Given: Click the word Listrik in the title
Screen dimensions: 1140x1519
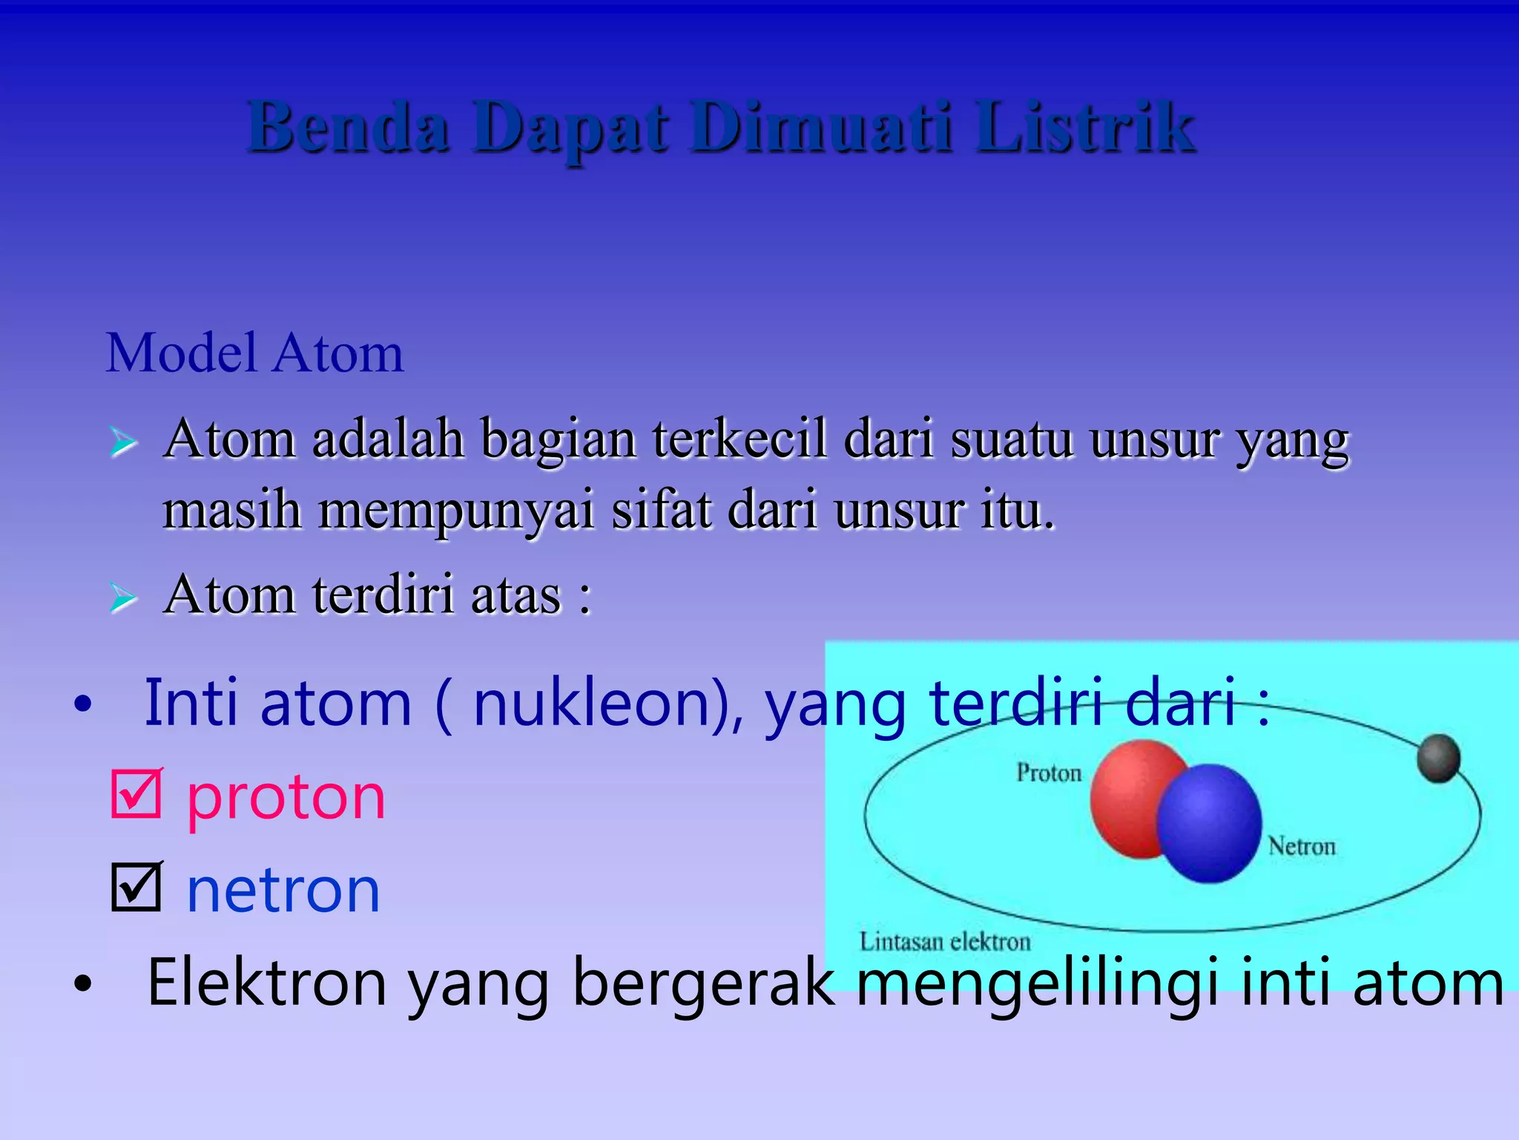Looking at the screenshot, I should point(1084,128).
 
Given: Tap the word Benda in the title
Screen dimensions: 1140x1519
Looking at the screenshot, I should point(348,128).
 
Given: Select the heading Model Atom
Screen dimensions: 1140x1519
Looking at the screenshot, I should point(254,353).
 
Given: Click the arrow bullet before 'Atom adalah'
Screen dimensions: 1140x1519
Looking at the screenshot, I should point(123,442).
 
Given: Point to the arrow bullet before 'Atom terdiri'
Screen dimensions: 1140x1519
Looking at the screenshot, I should point(123,597).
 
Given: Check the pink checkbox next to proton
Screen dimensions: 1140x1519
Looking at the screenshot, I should point(136,794).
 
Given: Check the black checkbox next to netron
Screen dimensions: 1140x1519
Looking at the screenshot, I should point(136,887).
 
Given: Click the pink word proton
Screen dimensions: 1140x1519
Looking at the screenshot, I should point(286,797).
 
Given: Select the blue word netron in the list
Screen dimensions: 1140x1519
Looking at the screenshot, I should point(283,890).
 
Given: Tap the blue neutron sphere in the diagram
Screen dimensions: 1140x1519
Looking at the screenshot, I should point(1209,824).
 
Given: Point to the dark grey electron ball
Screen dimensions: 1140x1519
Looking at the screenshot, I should point(1438,758).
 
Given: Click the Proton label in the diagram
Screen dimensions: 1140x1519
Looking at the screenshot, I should point(1049,773).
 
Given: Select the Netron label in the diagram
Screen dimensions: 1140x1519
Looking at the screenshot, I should point(1302,846).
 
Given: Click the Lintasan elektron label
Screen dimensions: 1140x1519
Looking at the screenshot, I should point(945,942).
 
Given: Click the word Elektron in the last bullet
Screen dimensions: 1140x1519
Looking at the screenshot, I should point(267,983).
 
